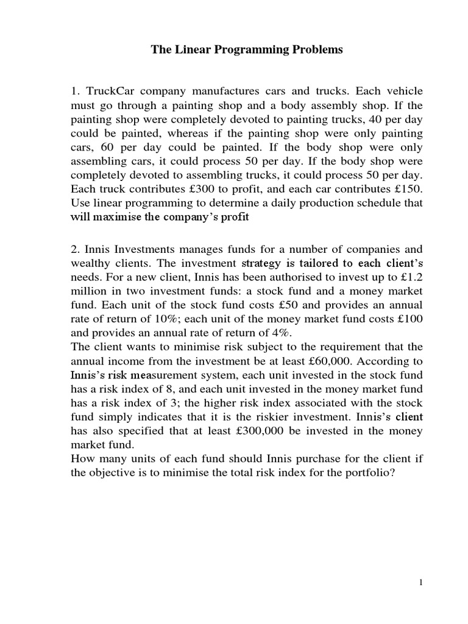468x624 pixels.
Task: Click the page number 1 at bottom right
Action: [420, 583]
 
